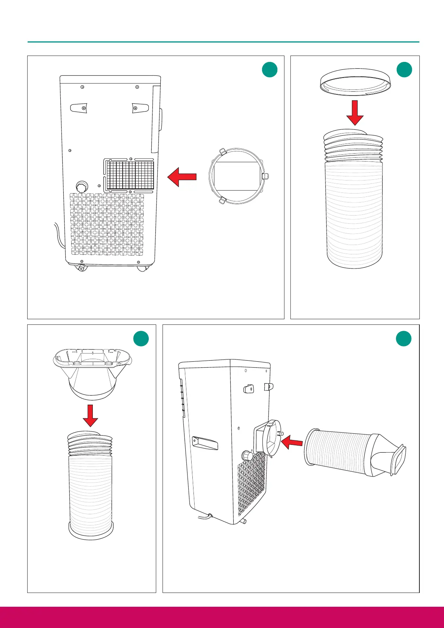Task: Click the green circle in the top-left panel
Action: tap(270, 70)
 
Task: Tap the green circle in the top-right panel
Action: tap(404, 70)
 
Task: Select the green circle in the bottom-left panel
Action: tap(141, 339)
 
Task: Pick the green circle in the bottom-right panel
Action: tap(404, 339)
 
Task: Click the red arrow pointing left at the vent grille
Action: tap(182, 177)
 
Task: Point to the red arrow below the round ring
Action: tap(355, 113)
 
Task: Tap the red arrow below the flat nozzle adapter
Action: tap(90, 416)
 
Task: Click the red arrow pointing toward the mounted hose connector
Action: tap(292, 443)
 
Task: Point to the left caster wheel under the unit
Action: tap(81, 268)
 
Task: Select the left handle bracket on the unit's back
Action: tap(79, 108)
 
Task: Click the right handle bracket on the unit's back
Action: tap(141, 108)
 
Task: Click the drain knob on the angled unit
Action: tap(247, 455)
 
